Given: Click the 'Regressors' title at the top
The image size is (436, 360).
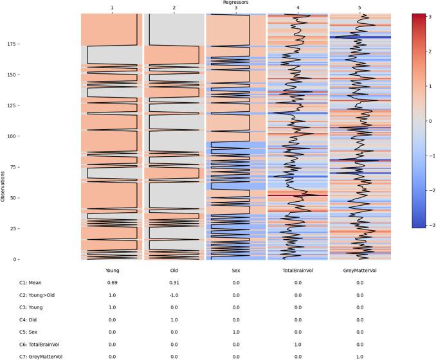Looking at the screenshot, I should (x=235, y=3).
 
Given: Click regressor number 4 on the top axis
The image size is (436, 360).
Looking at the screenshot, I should (x=298, y=8).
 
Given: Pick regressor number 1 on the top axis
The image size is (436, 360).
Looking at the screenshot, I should (x=112, y=8).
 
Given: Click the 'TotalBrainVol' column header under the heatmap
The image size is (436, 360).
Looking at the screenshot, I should (x=298, y=271).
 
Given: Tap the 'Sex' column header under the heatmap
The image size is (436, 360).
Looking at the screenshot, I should (x=236, y=271).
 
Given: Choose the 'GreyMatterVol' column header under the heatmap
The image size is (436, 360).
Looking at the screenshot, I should (x=359, y=271).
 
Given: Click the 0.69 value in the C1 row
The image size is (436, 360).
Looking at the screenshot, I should (x=112, y=283).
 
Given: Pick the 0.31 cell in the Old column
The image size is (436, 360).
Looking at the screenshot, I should (x=174, y=283).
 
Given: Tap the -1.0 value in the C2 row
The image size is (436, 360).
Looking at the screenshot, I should (x=174, y=295).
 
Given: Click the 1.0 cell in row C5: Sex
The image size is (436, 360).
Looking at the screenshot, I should (x=236, y=332).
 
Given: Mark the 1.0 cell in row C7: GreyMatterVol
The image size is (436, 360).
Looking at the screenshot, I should (x=359, y=356).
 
